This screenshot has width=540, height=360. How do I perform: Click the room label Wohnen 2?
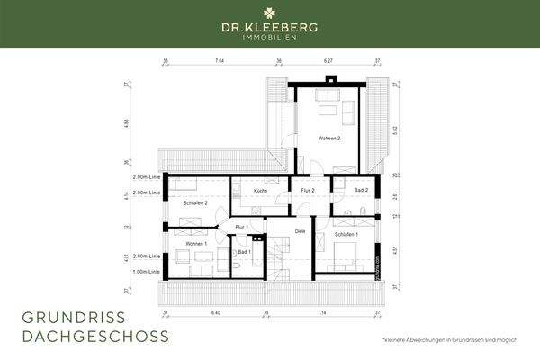click(328, 139)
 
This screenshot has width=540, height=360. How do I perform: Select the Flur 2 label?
click(306, 192)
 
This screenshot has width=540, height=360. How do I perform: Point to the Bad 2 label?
click(361, 192)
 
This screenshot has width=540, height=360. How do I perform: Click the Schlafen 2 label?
click(195, 203)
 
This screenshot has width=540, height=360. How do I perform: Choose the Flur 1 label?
click(241, 228)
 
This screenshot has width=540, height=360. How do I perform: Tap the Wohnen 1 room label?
click(196, 244)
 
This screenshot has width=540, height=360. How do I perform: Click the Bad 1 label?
click(243, 252)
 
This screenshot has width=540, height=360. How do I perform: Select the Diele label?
click(301, 233)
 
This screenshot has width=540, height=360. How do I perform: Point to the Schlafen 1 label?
click(346, 235)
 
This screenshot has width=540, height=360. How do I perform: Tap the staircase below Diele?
click(274, 261)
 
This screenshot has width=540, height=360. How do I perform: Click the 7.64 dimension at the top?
click(220, 61)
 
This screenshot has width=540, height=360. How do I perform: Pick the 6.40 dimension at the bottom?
click(215, 312)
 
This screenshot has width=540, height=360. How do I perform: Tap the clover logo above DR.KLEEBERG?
click(270, 13)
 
